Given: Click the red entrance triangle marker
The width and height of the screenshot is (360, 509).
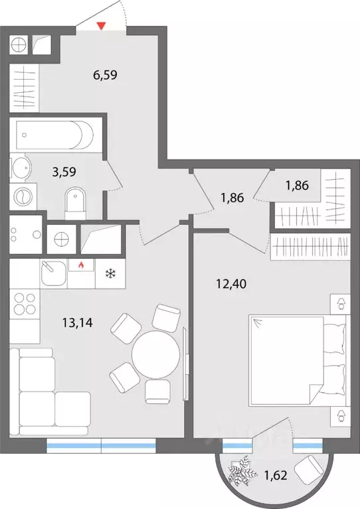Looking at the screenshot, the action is (x=102, y=26).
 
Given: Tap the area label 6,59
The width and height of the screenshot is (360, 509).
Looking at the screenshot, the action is (x=105, y=75).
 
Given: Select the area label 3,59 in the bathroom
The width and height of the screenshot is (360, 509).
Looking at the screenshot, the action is (x=64, y=172).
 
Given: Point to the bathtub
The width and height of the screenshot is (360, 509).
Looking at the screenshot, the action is (x=54, y=135).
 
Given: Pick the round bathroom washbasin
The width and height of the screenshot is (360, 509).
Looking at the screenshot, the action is (x=21, y=167).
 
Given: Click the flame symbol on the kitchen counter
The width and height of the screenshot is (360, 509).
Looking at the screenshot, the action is (x=81, y=265).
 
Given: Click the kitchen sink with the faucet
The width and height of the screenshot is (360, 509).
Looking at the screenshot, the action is (x=54, y=273).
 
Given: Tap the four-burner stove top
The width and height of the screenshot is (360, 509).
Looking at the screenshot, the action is (x=25, y=303).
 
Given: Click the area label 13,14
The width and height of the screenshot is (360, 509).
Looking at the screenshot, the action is (x=77, y=323).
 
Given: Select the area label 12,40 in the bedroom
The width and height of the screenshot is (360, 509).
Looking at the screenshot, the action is (x=231, y=284).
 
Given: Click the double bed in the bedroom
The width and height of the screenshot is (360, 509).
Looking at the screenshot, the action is (x=298, y=360).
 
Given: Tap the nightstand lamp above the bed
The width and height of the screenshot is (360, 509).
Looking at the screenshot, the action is (x=341, y=304).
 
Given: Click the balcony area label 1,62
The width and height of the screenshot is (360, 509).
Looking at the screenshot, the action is (x=276, y=476).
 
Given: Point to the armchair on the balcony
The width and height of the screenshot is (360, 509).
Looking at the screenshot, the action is (x=308, y=470).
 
